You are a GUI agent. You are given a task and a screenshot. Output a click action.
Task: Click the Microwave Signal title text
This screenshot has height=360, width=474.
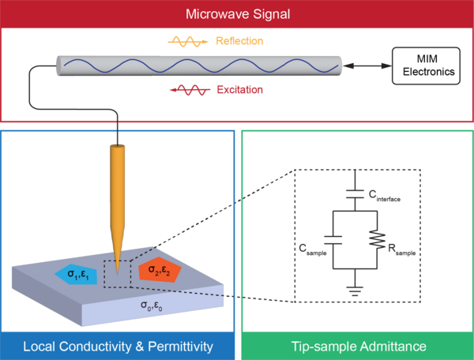click(238, 14)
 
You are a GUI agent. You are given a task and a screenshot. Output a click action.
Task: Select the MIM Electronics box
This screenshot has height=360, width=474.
click(426, 66)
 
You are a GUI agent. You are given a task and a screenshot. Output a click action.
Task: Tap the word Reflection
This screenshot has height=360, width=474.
click(239, 41)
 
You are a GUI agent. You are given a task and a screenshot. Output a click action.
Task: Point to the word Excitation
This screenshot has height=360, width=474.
click(239, 90)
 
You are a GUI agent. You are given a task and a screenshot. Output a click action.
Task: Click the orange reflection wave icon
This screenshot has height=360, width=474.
click(188, 42)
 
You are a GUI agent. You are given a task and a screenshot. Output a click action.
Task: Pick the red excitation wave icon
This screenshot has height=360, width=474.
click(190, 90)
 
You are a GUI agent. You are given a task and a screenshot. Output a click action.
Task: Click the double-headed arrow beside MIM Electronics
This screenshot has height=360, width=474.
click(367, 66)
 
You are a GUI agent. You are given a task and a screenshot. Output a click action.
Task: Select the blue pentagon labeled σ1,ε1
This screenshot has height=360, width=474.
click(77, 274)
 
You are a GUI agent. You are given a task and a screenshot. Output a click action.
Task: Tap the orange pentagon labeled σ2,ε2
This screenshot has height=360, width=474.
click(160, 270)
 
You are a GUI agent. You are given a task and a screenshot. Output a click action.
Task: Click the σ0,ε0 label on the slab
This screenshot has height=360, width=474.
click(152, 306)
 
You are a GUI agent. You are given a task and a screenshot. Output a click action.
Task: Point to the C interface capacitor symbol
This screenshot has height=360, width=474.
click(355, 194)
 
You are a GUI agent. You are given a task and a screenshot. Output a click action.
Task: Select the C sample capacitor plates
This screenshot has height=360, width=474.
click(333, 240)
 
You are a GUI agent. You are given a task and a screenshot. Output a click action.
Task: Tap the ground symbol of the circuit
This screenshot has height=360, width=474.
click(355, 291)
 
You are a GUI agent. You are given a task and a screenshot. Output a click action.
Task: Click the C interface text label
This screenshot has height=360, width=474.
click(385, 196)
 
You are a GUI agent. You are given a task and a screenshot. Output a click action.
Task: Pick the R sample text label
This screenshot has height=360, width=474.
click(402, 249)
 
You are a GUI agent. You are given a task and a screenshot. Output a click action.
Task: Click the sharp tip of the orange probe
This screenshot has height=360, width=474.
click(117, 274)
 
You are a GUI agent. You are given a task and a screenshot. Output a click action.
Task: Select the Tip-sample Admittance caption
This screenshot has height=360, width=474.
click(359, 347)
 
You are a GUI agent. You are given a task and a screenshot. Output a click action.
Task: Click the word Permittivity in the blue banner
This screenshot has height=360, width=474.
click(180, 347)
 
